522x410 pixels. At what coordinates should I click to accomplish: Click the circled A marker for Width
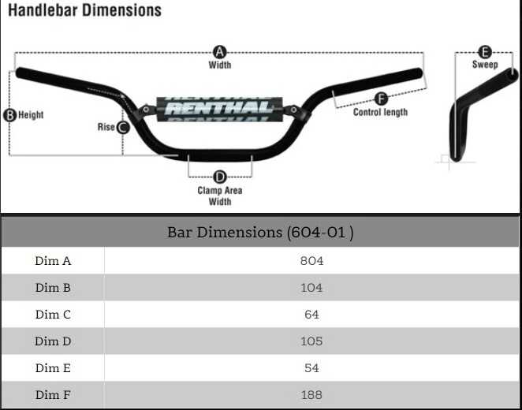pos(219,52)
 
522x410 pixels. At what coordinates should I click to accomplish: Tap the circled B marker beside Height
pos(9,115)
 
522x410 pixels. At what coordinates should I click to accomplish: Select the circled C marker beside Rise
pos(123,127)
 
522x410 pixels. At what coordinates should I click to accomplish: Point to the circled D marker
pos(220,177)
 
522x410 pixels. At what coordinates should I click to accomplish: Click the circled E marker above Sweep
pos(485,52)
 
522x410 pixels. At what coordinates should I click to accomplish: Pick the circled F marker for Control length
pos(381,99)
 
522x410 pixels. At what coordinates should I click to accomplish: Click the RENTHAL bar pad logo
pos(219,109)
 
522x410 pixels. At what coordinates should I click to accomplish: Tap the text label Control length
pos(380,112)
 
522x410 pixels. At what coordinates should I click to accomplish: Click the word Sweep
pos(485,64)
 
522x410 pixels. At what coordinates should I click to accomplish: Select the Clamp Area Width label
pos(220,196)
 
